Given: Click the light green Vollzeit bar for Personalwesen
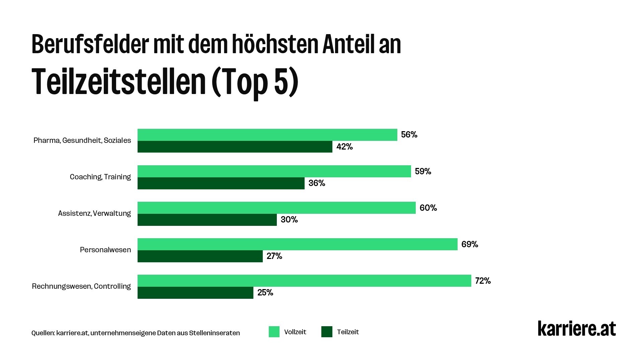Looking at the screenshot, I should (297, 244).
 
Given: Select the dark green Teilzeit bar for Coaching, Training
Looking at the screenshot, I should (221, 183).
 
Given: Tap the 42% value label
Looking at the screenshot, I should (344, 147).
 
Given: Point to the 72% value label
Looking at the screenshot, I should (483, 281).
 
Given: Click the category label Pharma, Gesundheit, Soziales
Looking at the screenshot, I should (82, 141).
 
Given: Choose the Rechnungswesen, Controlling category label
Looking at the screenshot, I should (81, 286).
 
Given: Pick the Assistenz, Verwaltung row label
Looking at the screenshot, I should (94, 213).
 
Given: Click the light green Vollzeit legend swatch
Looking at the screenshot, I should (274, 332).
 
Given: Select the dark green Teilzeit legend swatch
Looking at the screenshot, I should (327, 332).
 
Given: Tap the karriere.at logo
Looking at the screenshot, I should (576, 329).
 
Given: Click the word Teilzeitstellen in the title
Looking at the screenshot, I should (119, 82).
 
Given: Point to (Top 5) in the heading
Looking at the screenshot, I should (254, 82).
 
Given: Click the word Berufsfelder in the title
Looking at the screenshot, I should (90, 44).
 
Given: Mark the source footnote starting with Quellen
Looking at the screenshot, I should (136, 333).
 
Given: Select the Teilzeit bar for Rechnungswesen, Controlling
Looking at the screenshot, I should (195, 293).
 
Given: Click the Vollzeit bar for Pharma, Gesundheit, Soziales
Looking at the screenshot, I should (267, 135).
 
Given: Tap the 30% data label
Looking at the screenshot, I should (289, 220).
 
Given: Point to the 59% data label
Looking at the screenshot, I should (423, 171).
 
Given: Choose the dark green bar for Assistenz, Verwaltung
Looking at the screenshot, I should (207, 220).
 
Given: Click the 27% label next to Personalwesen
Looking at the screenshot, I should (274, 256).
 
